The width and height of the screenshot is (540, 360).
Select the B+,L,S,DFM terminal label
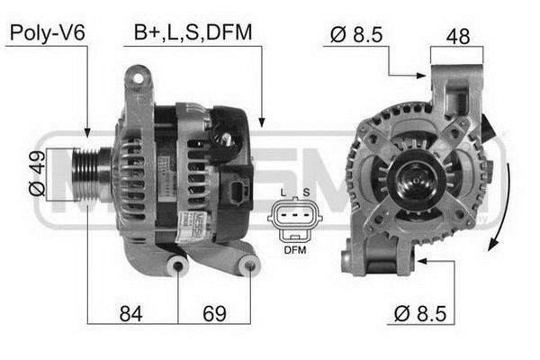[193, 33]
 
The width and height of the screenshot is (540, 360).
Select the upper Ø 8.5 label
[357, 34]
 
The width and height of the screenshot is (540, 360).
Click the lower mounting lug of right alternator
[353, 262]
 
